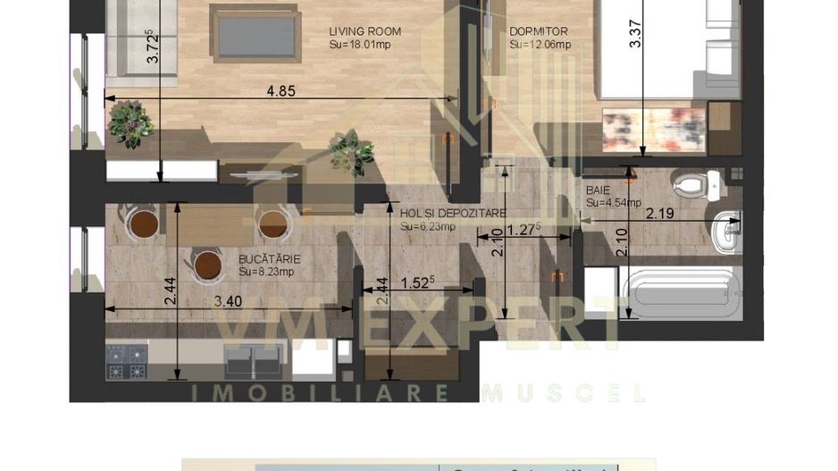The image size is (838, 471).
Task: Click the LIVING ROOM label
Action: pyautogui.click(x=365, y=31)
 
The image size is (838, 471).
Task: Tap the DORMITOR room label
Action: pyautogui.click(x=538, y=31)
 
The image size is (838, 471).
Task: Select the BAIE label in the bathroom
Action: pyautogui.click(x=599, y=190)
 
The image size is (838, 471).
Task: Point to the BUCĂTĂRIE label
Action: pyautogui.click(x=269, y=259)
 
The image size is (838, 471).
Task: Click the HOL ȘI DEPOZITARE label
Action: pyautogui.click(x=453, y=214)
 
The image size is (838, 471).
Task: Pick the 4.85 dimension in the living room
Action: pyautogui.click(x=281, y=91)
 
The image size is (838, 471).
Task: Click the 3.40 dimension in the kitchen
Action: pyautogui.click(x=229, y=301)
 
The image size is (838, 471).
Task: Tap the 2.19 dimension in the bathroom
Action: pyautogui.click(x=659, y=214)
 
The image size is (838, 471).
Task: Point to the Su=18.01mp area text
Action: pyautogui.click(x=359, y=45)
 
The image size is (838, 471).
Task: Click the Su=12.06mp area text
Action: pyautogui.click(x=540, y=45)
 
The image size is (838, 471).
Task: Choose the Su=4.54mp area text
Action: pyautogui.click(x=614, y=203)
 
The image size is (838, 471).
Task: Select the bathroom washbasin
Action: pyautogui.click(x=729, y=230)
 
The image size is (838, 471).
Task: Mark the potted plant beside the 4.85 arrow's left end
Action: pyautogui.click(x=130, y=122)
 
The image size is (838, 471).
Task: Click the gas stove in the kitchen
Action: pyautogui.click(x=126, y=361)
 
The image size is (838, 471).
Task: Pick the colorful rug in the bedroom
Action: pyautogui.click(x=651, y=130)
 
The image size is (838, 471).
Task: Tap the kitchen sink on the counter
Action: pyautogui.click(x=253, y=361)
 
